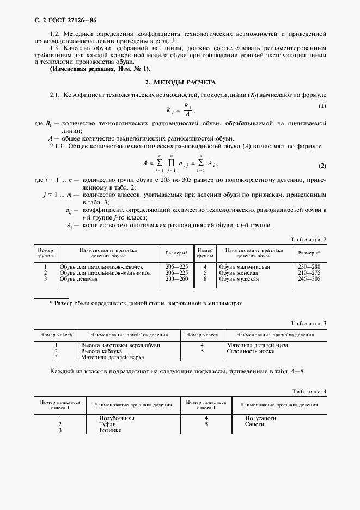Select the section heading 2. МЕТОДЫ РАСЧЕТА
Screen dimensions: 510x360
pos(180,82)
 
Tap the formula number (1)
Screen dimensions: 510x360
pos(322,105)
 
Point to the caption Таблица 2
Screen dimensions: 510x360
pos(308,239)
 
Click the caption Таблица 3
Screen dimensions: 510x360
pos(308,324)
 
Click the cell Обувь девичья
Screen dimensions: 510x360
pos(79,279)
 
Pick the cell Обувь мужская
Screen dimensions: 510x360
pos(239,279)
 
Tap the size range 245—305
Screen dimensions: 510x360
pos(309,279)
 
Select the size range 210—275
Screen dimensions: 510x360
pos(309,273)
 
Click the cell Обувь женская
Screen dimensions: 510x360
pos(240,273)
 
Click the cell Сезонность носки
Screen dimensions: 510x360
pos(251,351)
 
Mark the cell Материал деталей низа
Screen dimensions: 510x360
pos(257,345)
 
